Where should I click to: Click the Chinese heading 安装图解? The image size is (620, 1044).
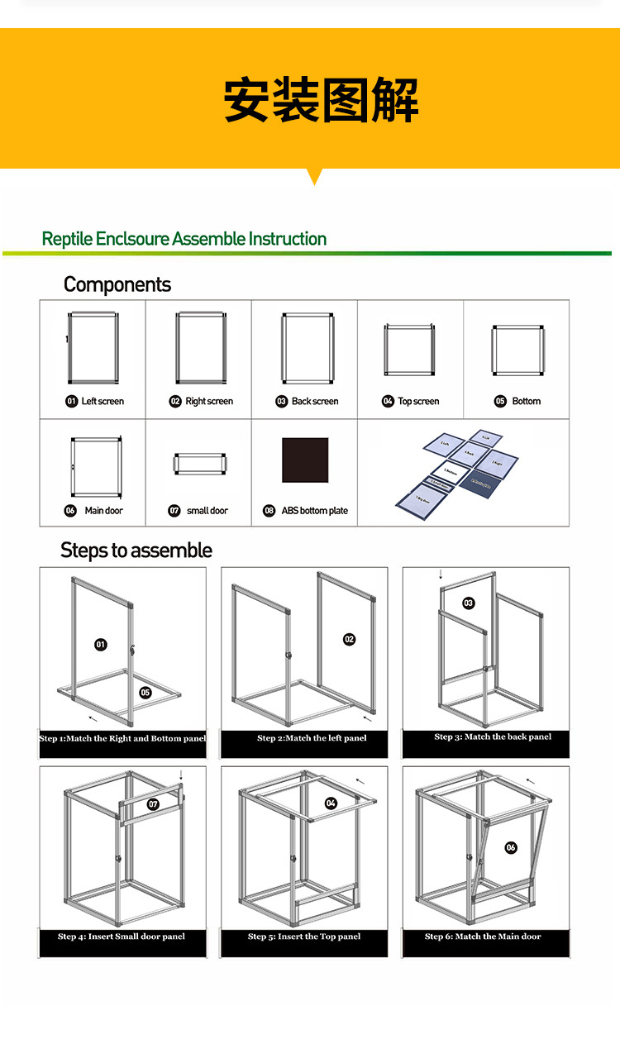click(x=321, y=102)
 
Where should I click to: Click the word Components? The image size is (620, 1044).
click(x=117, y=285)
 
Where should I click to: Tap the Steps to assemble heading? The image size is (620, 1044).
click(x=136, y=551)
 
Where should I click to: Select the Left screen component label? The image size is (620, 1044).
click(x=103, y=401)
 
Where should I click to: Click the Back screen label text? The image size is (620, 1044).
click(x=315, y=401)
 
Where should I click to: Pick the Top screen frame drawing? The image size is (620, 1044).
click(x=409, y=350)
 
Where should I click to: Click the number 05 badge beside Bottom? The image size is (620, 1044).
click(x=500, y=401)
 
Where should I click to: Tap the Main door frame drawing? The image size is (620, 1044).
click(x=97, y=467)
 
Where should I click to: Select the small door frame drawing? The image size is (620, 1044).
click(x=199, y=464)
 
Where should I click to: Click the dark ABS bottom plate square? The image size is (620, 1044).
click(x=305, y=460)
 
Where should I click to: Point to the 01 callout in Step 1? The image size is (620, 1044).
click(x=101, y=644)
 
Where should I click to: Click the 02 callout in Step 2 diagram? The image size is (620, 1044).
click(x=349, y=639)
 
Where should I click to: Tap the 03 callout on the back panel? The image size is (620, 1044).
click(x=469, y=603)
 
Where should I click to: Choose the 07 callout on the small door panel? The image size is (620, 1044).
click(x=153, y=803)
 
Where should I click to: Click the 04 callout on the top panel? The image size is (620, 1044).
click(x=331, y=803)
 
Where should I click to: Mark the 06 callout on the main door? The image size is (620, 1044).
click(x=511, y=847)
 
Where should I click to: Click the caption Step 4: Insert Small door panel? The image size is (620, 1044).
click(x=122, y=937)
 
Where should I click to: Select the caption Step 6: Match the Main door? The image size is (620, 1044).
click(x=484, y=937)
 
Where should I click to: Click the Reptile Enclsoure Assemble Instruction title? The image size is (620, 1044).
click(x=184, y=239)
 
